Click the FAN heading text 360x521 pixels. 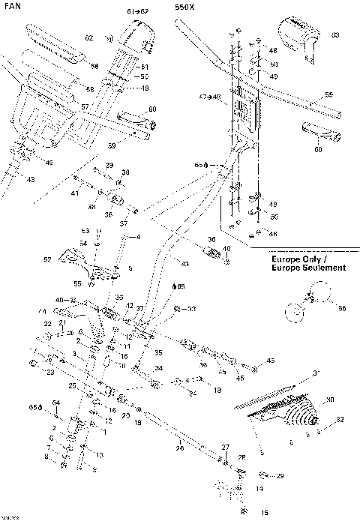click(x=10, y=6)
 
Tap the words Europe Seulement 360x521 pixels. click(x=309, y=268)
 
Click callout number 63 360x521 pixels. click(x=335, y=35)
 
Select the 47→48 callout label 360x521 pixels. click(x=209, y=97)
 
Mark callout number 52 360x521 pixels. click(x=47, y=259)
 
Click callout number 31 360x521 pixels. click(x=316, y=373)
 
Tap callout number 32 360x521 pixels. click(x=340, y=419)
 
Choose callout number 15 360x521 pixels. click(x=264, y=513)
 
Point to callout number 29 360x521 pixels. click(x=280, y=476)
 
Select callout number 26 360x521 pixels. click(x=179, y=449)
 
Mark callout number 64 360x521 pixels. click(x=55, y=404)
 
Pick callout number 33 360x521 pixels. click(x=191, y=309)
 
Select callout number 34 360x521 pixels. click(x=159, y=368)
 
